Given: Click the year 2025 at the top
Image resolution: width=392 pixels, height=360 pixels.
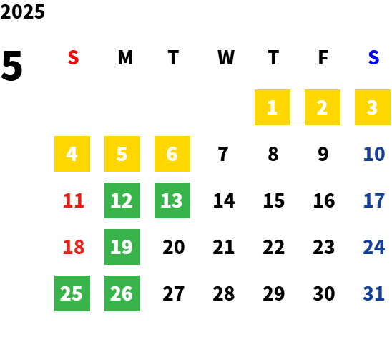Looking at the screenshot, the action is pyautogui.click(x=22, y=11).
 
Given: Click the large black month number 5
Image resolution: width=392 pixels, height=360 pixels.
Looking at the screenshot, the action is pyautogui.click(x=11, y=66).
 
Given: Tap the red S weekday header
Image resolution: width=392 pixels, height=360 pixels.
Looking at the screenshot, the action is pyautogui.click(x=73, y=57).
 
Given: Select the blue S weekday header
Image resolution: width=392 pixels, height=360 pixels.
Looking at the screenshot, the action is pyautogui.click(x=373, y=57).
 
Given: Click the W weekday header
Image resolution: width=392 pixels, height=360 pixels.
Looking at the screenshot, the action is pyautogui.click(x=226, y=57).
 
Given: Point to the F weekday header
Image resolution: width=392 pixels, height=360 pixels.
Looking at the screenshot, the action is pyautogui.click(x=323, y=57).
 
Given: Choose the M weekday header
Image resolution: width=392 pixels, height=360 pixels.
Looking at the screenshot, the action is pyautogui.click(x=125, y=57).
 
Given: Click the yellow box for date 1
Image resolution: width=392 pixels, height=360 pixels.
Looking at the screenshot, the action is pyautogui.click(x=273, y=107).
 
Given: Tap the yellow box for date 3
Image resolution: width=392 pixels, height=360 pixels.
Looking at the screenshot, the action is pyautogui.click(x=373, y=107).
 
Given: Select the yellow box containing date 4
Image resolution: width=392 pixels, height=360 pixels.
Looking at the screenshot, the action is pyautogui.click(x=72, y=154).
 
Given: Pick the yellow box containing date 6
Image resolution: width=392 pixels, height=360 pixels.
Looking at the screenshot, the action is pyautogui.click(x=172, y=154).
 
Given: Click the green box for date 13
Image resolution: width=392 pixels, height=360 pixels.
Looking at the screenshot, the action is pyautogui.click(x=172, y=200).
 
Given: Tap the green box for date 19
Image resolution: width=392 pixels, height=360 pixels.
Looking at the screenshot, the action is pyautogui.click(x=122, y=247).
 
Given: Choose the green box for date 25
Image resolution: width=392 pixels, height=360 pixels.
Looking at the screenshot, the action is pyautogui.click(x=72, y=293).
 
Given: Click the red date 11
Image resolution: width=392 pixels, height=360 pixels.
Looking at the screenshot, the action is pyautogui.click(x=74, y=200).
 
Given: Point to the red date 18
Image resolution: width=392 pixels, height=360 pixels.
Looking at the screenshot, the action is pyautogui.click(x=74, y=247).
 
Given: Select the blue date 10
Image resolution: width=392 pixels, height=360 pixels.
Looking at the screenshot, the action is pyautogui.click(x=374, y=154).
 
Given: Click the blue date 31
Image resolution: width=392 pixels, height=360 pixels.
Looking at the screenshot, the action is pyautogui.click(x=373, y=293).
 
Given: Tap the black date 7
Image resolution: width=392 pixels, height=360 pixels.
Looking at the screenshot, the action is pyautogui.click(x=223, y=154).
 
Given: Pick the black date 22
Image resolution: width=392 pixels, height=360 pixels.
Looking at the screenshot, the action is pyautogui.click(x=274, y=247).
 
